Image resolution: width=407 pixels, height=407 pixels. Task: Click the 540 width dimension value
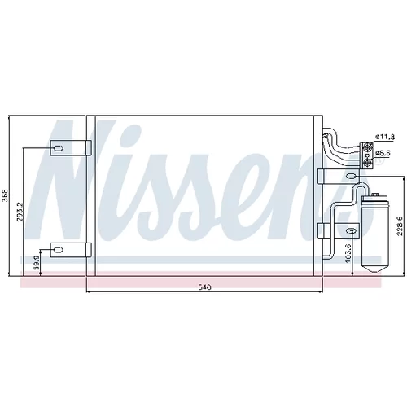tap(204, 287)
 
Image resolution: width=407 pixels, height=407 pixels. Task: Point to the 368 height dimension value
tap(5, 195)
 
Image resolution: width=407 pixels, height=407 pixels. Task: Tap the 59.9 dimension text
tap(37, 263)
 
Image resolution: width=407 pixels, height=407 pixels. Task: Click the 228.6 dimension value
tap(399, 226)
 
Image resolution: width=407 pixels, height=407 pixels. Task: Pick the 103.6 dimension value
tap(348, 253)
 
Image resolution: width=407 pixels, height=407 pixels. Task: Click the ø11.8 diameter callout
tap(385, 137)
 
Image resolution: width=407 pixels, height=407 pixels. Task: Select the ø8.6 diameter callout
tap(383, 153)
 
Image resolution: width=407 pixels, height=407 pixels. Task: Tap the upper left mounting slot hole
tap(59, 148)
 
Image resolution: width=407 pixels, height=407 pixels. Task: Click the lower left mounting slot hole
tap(59, 250)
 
